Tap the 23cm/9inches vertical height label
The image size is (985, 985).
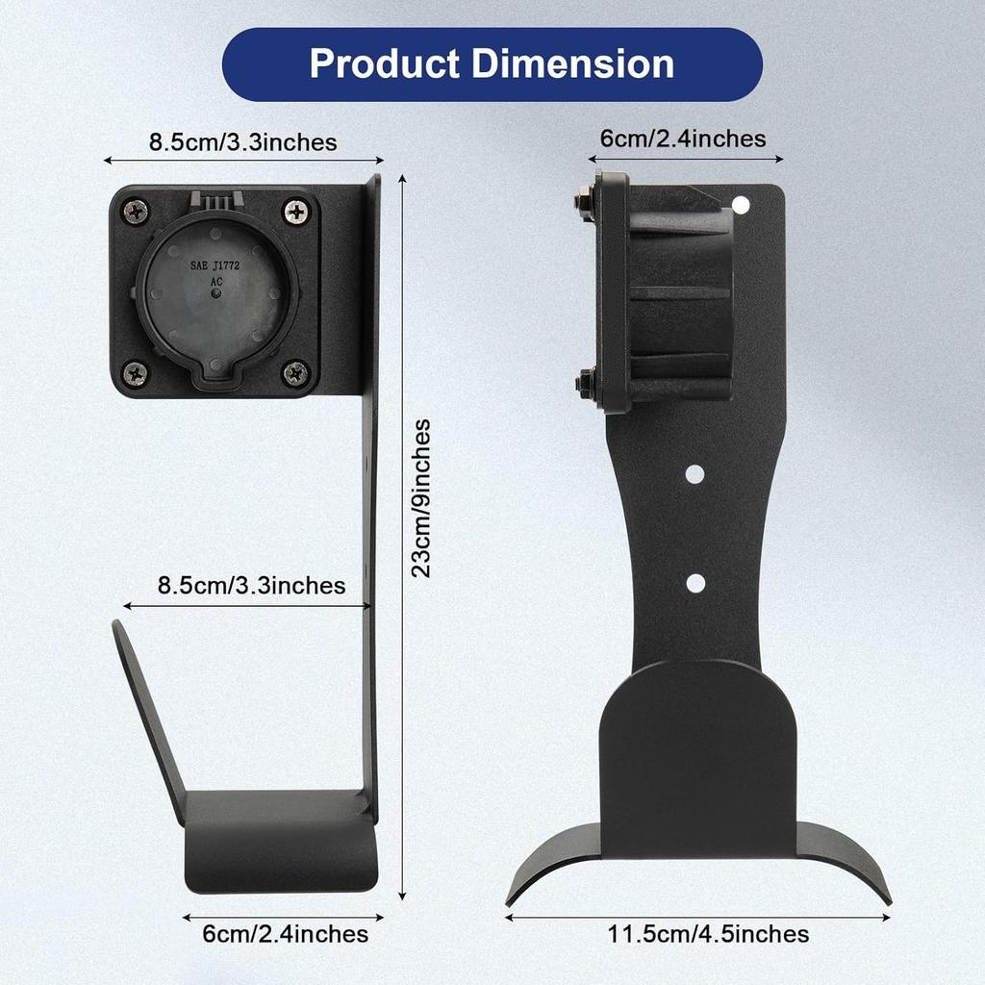click(420, 497)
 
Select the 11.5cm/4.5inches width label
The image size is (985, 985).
click(707, 933)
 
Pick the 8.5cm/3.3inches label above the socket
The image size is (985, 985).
click(242, 142)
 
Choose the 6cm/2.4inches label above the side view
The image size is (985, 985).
click(683, 139)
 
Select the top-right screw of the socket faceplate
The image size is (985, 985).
click(296, 210)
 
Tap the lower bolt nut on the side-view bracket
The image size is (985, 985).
click(584, 384)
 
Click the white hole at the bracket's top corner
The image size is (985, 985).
click(740, 204)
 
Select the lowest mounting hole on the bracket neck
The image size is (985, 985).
click(696, 582)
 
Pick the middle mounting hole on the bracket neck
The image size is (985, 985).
click(696, 473)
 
